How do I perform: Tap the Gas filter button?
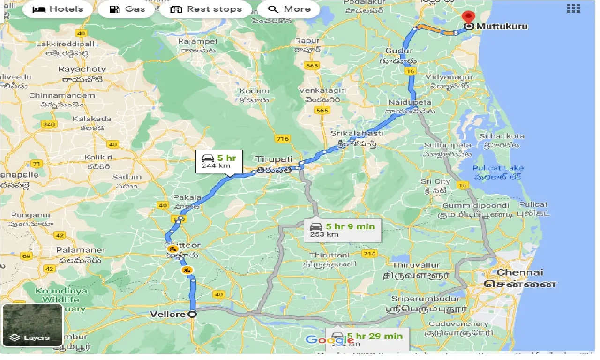click(x=127, y=9)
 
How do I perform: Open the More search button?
click(x=290, y=9)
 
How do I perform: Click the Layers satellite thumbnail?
click(x=32, y=325)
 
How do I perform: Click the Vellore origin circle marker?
click(x=192, y=315)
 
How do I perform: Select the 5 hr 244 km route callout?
click(x=218, y=161)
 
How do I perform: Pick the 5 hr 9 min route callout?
click(x=342, y=230)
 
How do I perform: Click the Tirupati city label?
click(x=274, y=159)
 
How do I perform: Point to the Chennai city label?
click(x=520, y=272)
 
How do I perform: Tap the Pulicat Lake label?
click(x=498, y=168)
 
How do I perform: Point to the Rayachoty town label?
click(x=82, y=69)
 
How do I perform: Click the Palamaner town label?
click(x=81, y=250)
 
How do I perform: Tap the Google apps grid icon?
click(x=573, y=8)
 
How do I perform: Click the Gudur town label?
click(x=399, y=51)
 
